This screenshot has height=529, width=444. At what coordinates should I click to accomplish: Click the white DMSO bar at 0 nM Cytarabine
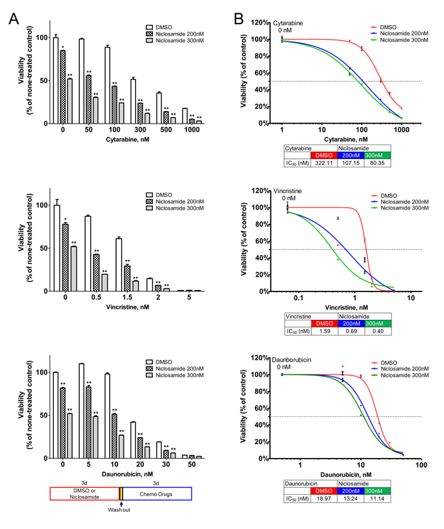click(56, 80)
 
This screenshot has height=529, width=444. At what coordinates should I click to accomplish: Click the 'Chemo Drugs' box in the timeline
click(157, 494)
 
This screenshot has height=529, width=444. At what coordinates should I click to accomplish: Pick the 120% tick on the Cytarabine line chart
click(263, 23)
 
